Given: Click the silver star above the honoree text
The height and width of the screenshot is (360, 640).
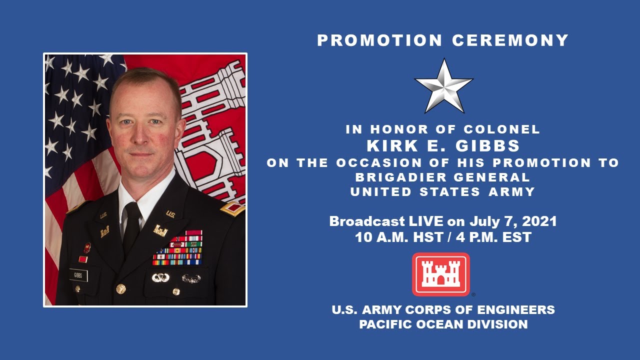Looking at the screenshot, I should (x=443, y=85).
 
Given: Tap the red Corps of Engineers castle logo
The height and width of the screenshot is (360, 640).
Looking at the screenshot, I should (x=440, y=274).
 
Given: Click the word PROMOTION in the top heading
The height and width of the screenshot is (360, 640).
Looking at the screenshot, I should (x=380, y=40).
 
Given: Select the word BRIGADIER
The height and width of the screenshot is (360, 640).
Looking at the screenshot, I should (x=405, y=177).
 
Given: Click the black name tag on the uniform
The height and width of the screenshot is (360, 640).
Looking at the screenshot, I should (x=78, y=275).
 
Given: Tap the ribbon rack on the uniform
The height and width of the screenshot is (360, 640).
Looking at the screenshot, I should (x=178, y=248).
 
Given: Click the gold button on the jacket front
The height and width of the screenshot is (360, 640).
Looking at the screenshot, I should (x=120, y=288).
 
